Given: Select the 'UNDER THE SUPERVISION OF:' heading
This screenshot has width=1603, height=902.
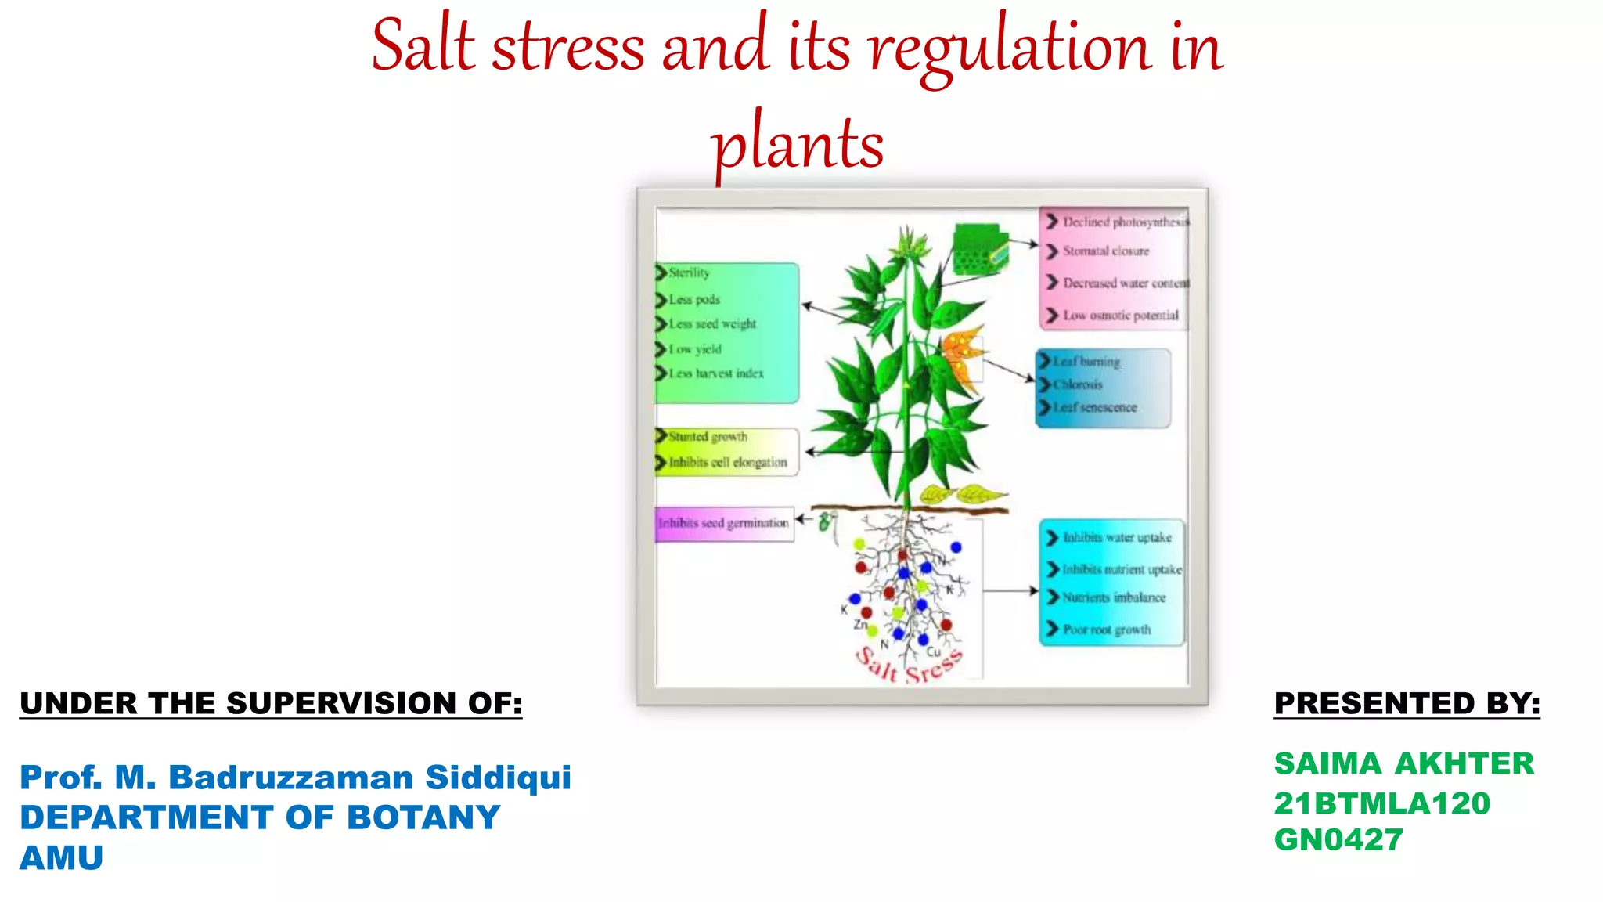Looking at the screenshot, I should point(271,703).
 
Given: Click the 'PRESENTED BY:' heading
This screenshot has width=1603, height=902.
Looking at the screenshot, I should point(1407,703).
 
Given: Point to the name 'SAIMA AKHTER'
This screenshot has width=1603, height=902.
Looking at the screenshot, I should point(1403,763).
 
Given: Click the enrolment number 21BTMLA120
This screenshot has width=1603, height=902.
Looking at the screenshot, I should point(1381,803).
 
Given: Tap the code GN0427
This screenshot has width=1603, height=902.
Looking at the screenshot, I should point(1338,840).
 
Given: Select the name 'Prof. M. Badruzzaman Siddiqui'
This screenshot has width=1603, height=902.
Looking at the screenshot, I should point(295,778).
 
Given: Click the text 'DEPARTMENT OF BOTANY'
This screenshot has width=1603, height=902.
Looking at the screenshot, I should point(260,817).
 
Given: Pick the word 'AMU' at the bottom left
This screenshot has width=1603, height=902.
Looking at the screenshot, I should point(61,858).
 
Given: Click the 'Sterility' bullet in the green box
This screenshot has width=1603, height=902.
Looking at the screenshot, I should point(689,272).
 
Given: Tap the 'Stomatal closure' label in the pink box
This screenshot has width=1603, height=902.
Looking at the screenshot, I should point(1105,251).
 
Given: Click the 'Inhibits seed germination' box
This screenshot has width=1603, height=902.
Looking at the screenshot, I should point(724,523).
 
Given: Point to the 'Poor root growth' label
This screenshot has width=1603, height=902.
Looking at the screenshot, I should point(1106,630).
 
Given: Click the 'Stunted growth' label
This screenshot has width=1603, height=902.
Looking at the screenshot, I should point(708,436).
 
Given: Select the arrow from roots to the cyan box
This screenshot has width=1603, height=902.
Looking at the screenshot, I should point(1010,591).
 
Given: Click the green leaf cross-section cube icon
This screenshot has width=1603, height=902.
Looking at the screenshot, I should point(978,249).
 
